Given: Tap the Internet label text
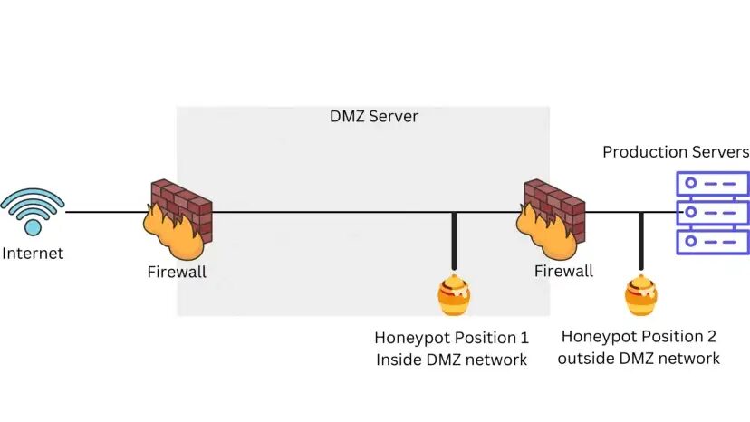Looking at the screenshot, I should tap(33, 254).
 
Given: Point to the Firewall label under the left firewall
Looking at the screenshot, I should tap(177, 272).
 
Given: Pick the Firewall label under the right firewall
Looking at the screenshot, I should tap(563, 271).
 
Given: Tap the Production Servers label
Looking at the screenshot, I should tap(676, 151).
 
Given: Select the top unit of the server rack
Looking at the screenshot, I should tap(713, 183).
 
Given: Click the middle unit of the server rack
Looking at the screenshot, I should tap(713, 213).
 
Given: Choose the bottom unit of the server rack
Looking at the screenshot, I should tap(713, 242).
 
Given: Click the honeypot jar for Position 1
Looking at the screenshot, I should tap(453, 295).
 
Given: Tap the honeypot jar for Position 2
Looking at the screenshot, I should tap(640, 295).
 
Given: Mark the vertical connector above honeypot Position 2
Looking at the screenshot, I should tap(640, 243).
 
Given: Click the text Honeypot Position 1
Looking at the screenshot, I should tap(451, 338).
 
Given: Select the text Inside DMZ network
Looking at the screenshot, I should tap(451, 360).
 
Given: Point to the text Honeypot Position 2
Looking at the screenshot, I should tap(639, 337).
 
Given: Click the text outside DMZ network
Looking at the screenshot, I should tap(639, 359).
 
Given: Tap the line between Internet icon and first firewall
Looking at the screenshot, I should tap(104, 213).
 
